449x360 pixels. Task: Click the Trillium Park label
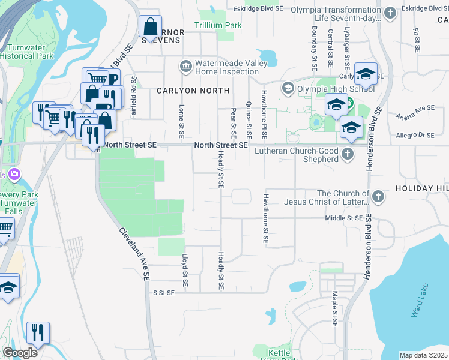pyautogui.click(x=217, y=26)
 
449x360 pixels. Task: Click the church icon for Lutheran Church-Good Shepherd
pyautogui.click(x=347, y=155)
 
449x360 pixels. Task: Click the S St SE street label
pyautogui.click(x=163, y=293)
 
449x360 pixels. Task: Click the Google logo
pyautogui.click(x=20, y=353)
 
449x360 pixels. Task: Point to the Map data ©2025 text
pyautogui.click(x=423, y=355)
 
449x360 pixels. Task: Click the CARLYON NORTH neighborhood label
pyautogui.click(x=193, y=91)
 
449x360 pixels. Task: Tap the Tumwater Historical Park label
pyautogui.click(x=26, y=51)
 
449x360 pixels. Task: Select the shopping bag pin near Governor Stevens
pyautogui.click(x=150, y=26)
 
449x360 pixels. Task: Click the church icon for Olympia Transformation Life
pyautogui.click(x=390, y=13)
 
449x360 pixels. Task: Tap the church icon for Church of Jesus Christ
pyautogui.click(x=378, y=197)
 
